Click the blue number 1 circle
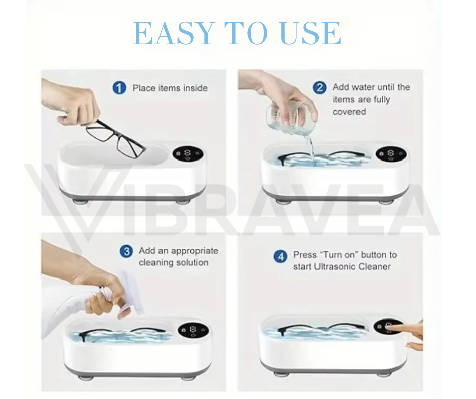(x=120, y=88)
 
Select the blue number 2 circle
(x=320, y=88)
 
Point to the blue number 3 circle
(x=126, y=251)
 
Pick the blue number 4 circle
(x=280, y=256)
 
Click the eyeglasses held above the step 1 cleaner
(x=115, y=138)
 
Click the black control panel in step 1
(x=188, y=154)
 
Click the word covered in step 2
(x=349, y=112)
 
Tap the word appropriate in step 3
(x=195, y=251)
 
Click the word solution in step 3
(x=191, y=262)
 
